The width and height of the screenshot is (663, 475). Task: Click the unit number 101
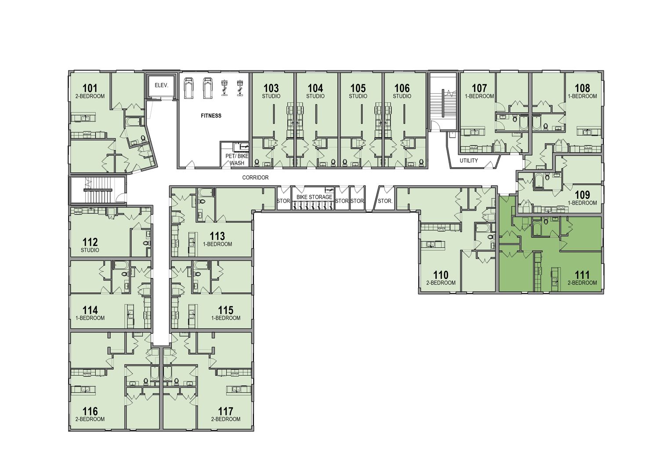90,88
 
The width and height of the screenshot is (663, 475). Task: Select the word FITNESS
211,116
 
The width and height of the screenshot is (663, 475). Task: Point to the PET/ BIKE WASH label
237,159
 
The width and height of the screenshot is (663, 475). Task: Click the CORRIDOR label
255,178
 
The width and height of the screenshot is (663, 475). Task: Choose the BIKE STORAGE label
314,197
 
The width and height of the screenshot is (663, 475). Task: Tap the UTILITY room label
469,161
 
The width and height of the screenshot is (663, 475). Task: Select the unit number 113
217,236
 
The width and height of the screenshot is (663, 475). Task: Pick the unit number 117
225,411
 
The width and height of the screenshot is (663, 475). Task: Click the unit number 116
90,411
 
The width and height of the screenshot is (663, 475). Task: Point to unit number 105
358,88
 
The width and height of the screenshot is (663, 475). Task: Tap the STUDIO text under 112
90,250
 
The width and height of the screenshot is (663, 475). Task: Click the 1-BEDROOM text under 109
582,203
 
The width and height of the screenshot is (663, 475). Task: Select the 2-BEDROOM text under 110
441,283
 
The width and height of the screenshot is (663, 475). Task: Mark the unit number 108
582,88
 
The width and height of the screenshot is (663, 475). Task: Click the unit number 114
90,310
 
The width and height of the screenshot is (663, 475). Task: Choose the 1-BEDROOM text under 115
225,318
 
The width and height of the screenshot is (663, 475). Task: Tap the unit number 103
271,88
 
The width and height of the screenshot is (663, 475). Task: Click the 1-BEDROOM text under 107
479,96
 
